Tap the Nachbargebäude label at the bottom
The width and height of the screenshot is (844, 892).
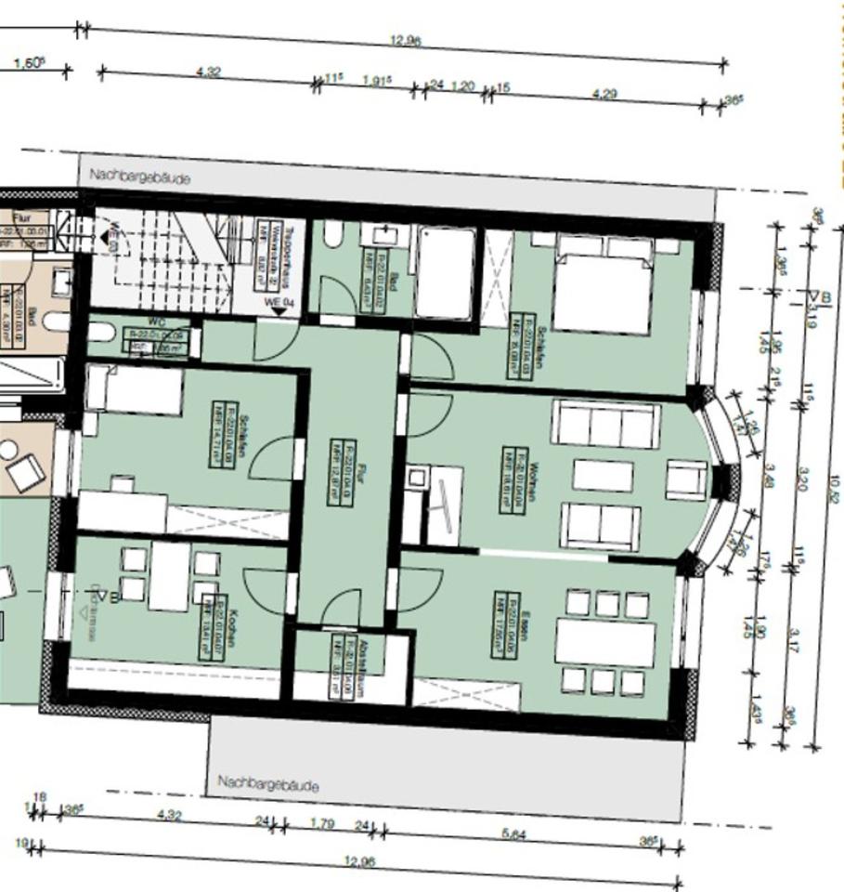(x=267, y=784)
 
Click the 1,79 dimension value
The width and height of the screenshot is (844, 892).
(x=322, y=822)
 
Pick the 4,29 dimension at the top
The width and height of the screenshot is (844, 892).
(x=603, y=94)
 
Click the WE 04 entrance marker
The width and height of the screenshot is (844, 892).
(x=279, y=302)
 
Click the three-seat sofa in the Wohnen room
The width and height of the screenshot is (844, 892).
(x=605, y=425)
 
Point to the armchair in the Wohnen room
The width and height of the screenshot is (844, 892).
(x=686, y=479)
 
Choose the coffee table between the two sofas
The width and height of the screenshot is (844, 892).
(x=603, y=475)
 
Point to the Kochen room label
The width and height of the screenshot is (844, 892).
(x=210, y=626)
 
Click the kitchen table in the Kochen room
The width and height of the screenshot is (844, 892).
(x=169, y=576)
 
